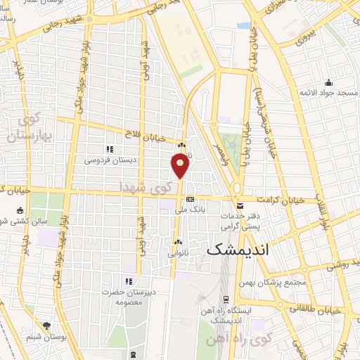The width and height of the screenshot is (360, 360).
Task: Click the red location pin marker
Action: [x=181, y=165]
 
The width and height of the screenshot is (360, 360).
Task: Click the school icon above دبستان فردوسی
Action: [x=109, y=149]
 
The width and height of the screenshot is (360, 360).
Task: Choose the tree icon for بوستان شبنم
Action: [x=46, y=326]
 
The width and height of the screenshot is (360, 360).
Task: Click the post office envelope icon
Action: [x=241, y=206]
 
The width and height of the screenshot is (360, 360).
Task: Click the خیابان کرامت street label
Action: [x=280, y=200]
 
